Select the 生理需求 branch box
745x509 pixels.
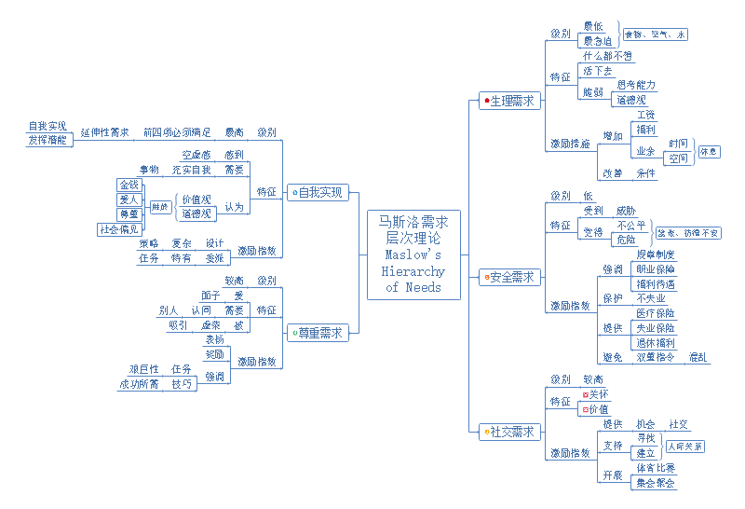tap(510, 101)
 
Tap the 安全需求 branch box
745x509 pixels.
tap(510, 277)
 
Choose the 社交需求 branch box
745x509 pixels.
tap(510, 432)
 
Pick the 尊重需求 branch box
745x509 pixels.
tap(318, 332)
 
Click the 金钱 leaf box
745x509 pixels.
tap(129, 185)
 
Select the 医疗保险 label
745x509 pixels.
tap(655, 314)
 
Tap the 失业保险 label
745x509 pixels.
tap(655, 328)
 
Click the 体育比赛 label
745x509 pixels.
tap(655, 468)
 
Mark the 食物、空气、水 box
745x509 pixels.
tap(655, 34)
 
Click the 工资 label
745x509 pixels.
tap(644, 115)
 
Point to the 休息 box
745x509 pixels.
tap(708, 151)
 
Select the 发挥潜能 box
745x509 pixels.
tap(47, 140)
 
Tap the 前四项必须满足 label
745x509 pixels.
tap(177, 132)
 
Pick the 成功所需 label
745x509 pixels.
tap(139, 384)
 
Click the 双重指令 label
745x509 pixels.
tap(655, 357)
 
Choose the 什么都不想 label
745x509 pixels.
tap(607, 56)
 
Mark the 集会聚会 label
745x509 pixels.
tap(655, 483)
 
